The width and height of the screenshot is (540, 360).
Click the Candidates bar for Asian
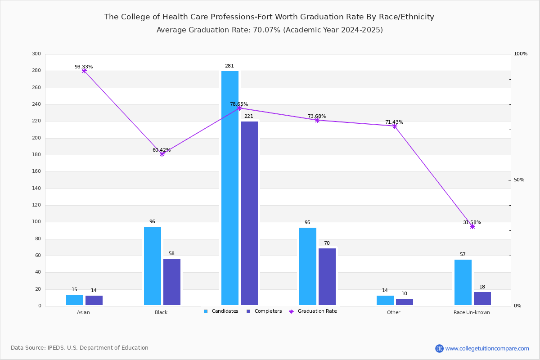pyautogui.click(x=75, y=300)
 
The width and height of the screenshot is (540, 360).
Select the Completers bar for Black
pyautogui.click(x=172, y=282)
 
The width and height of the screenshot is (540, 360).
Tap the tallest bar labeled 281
pyautogui.click(x=230, y=188)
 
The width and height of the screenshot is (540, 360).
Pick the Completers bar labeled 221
pyautogui.click(x=249, y=213)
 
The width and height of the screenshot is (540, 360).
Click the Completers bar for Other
pyautogui.click(x=405, y=302)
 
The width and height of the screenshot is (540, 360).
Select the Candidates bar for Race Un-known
pyautogui.click(x=463, y=282)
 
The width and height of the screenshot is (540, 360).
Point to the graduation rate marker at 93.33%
pyautogui.click(x=84, y=71)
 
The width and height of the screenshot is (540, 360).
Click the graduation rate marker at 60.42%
pyautogui.click(x=162, y=154)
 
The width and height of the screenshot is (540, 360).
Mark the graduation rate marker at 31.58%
pyautogui.click(x=472, y=227)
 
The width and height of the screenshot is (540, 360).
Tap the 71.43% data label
pyautogui.click(x=394, y=122)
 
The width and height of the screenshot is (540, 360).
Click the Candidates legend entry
pyautogui.click(x=221, y=311)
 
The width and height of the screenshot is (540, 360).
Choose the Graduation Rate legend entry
pyautogui.click(x=313, y=311)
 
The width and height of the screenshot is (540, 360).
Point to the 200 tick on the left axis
pyautogui.click(x=36, y=138)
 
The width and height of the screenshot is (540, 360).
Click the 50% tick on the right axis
pyautogui.click(x=519, y=180)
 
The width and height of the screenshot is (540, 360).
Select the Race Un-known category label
pyautogui.click(x=472, y=312)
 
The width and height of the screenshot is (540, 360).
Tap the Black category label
pyautogui.click(x=161, y=312)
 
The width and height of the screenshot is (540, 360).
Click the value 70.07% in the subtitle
pyautogui.click(x=267, y=30)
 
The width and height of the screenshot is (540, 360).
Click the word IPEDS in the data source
pyautogui.click(x=56, y=348)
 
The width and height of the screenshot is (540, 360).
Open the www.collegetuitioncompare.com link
pyautogui.click(x=487, y=348)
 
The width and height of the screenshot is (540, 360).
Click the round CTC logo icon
pyautogui.click(x=439, y=348)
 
